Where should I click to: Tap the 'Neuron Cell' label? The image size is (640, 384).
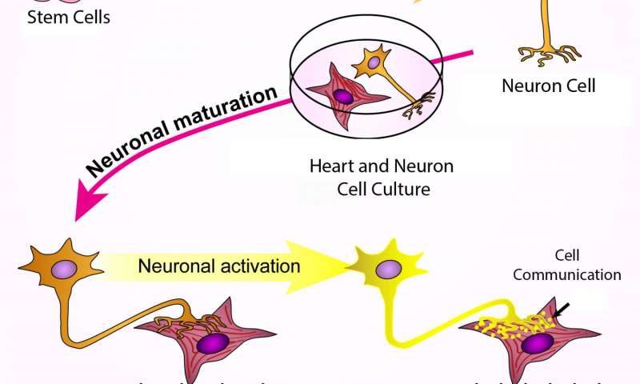[x=549, y=86]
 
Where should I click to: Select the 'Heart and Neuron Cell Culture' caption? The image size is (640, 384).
[x=382, y=178]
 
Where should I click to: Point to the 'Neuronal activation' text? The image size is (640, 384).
[x=219, y=266]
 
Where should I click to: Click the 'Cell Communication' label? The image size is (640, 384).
[x=566, y=266]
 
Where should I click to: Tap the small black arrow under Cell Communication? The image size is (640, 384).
[x=562, y=309]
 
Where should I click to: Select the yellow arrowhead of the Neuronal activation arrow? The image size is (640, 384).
[x=328, y=265]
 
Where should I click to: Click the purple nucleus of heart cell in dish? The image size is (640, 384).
[x=342, y=97]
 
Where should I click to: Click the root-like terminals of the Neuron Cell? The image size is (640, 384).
[x=548, y=54]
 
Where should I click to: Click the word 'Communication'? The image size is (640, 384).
[x=566, y=275]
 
